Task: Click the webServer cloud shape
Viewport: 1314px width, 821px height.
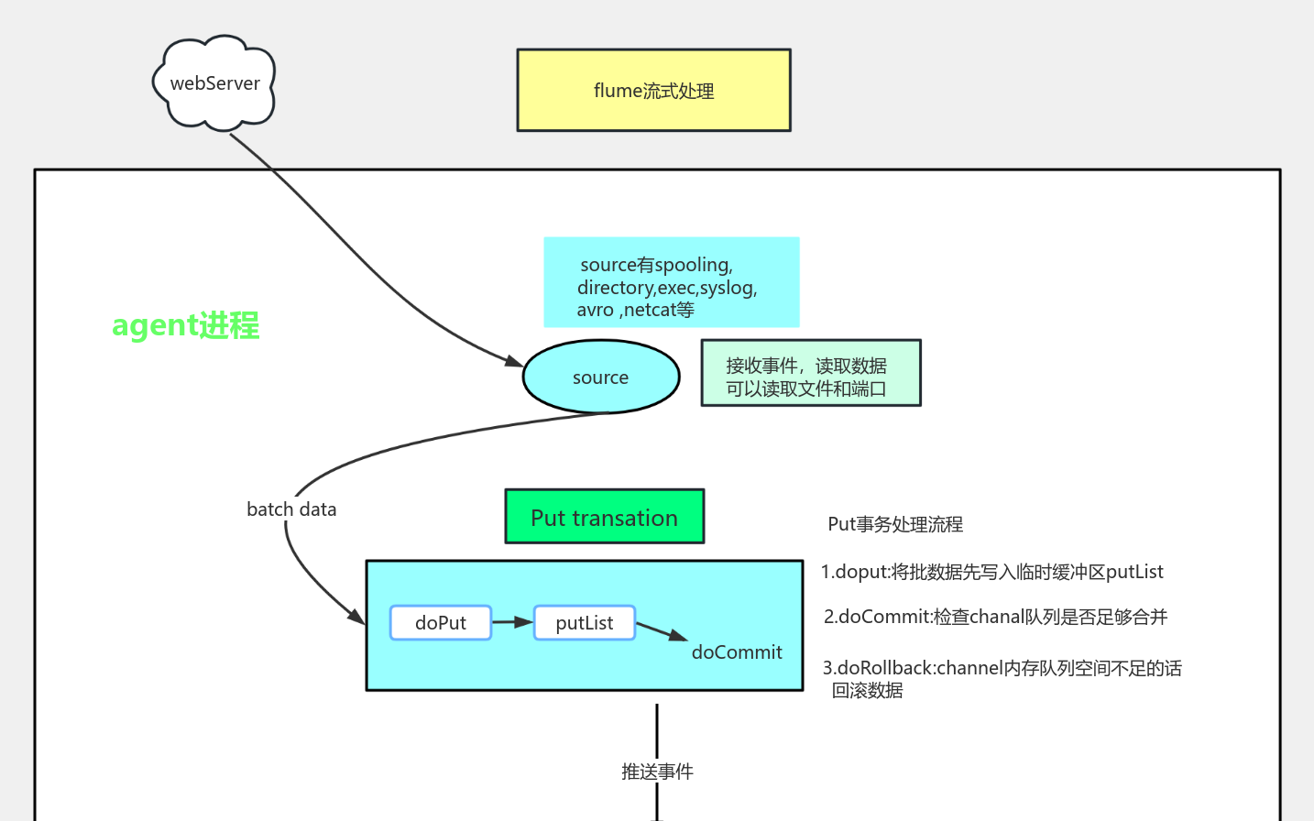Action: tap(214, 83)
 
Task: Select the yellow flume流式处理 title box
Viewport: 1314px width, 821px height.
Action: tap(653, 91)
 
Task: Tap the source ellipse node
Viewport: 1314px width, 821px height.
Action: tap(600, 378)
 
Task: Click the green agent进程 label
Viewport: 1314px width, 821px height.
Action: tap(186, 325)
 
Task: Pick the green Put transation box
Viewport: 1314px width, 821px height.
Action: tap(605, 517)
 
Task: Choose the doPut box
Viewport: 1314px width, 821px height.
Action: tap(441, 623)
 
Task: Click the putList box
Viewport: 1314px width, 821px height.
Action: tap(585, 623)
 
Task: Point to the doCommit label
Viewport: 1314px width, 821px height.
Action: tap(737, 652)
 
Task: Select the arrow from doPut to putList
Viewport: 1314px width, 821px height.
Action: tap(512, 622)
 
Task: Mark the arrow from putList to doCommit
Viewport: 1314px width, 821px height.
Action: tap(661, 631)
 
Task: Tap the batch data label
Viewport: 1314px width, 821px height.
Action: tap(291, 509)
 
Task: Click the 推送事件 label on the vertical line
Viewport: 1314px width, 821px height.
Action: tap(657, 772)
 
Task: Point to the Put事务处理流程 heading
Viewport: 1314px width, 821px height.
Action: tap(895, 524)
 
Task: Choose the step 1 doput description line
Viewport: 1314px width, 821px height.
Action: tap(991, 572)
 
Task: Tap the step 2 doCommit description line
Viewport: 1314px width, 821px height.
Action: tap(995, 617)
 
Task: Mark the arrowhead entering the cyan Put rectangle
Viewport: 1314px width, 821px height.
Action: tap(357, 617)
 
